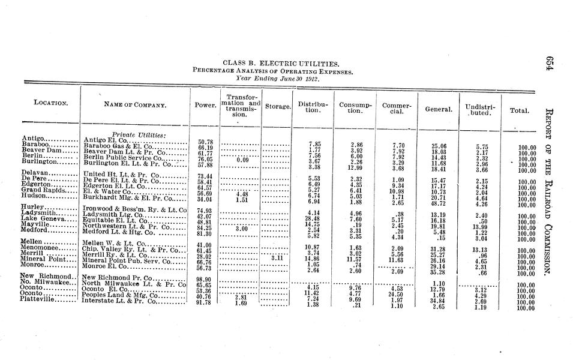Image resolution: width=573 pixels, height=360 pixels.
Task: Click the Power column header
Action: click(x=206, y=105)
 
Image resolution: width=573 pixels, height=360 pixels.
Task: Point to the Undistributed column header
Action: click(x=480, y=109)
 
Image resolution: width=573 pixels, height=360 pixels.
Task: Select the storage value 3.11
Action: click(x=277, y=258)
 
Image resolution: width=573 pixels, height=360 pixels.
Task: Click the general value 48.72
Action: click(x=437, y=203)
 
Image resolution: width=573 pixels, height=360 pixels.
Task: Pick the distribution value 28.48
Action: click(x=312, y=218)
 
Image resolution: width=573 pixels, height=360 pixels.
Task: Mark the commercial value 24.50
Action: click(x=395, y=294)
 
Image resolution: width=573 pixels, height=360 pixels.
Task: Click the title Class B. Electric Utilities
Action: click(x=280, y=62)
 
